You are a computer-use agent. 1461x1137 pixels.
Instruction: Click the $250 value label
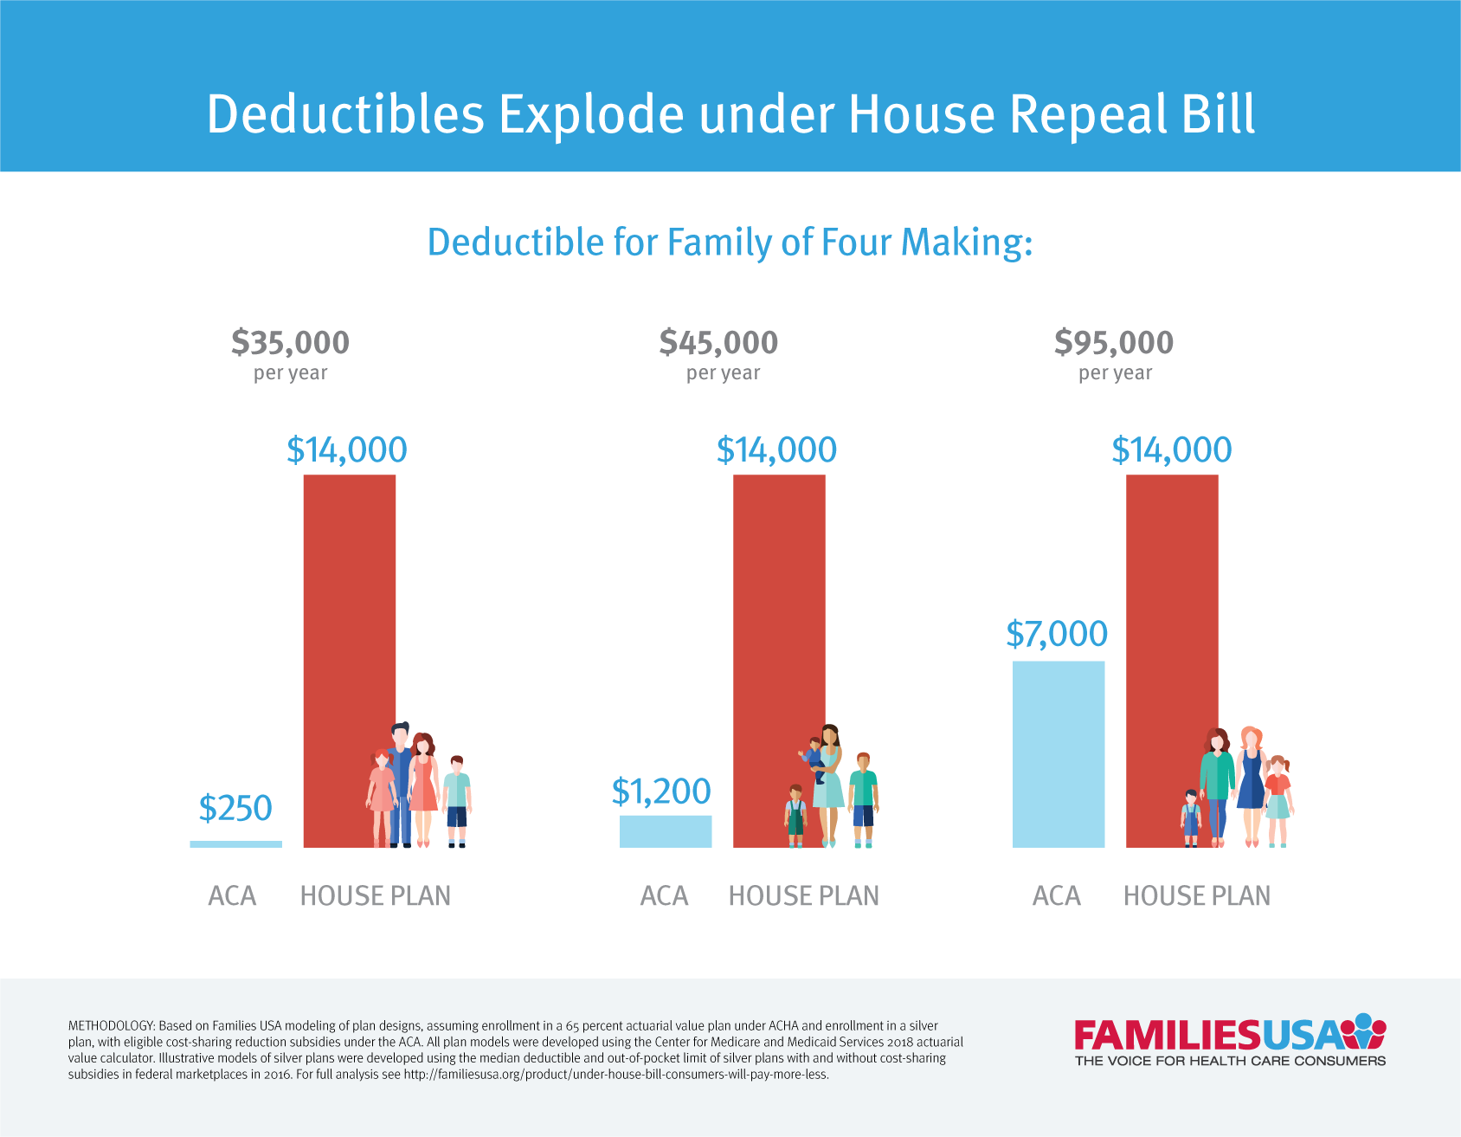(235, 809)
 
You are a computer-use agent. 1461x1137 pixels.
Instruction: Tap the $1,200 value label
(661, 791)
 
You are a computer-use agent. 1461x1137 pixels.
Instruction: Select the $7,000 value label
(1057, 634)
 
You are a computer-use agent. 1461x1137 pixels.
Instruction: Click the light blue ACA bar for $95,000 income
(1058, 754)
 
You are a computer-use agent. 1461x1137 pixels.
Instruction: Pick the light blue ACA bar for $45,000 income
(665, 831)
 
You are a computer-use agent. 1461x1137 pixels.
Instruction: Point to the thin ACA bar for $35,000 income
(235, 844)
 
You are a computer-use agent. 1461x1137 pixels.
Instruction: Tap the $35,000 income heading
(290, 343)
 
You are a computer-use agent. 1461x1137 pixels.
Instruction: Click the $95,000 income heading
(1114, 343)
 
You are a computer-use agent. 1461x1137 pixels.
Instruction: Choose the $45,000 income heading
(718, 343)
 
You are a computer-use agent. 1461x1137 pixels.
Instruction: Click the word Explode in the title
(591, 115)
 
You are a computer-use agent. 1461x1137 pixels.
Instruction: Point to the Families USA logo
(1229, 1040)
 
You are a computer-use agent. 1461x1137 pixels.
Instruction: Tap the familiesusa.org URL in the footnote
(615, 1075)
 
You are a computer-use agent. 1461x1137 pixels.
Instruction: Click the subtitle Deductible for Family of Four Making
(730, 242)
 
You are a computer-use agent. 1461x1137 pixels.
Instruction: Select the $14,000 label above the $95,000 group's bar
(1171, 450)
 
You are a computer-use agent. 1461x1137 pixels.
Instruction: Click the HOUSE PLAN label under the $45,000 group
(803, 895)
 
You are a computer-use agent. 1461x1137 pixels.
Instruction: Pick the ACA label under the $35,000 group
(232, 895)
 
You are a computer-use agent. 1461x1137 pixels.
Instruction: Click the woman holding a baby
(827, 779)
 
